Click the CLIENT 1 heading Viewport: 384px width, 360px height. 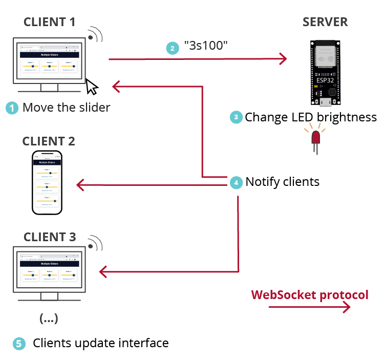[x=49, y=22]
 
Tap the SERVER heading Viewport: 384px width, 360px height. [x=325, y=22]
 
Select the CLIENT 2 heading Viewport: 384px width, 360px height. [x=49, y=141]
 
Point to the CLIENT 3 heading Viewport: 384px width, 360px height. [x=49, y=237]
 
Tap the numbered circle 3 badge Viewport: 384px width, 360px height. [x=236, y=117]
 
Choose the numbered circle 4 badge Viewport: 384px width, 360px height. [x=236, y=182]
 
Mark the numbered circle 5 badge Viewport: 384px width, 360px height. [x=18, y=344]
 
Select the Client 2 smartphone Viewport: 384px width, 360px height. [x=48, y=182]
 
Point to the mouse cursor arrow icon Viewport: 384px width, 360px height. [x=92, y=87]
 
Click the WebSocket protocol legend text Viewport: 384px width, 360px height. [x=309, y=295]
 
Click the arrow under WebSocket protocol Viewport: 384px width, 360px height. [x=309, y=307]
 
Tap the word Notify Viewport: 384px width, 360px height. [x=263, y=182]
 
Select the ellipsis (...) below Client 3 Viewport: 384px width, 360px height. [x=49, y=319]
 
